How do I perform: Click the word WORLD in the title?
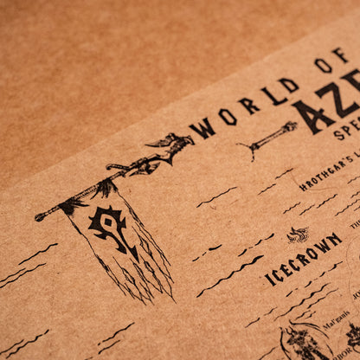pyautogui.click(x=243, y=106)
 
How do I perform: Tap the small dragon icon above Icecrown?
pyautogui.click(x=298, y=234)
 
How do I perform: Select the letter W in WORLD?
pyautogui.click(x=204, y=127)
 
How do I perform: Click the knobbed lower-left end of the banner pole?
pyautogui.click(x=40, y=216)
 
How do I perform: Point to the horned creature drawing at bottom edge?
pyautogui.click(x=302, y=343)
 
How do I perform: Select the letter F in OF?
pyautogui.click(x=340, y=56)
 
